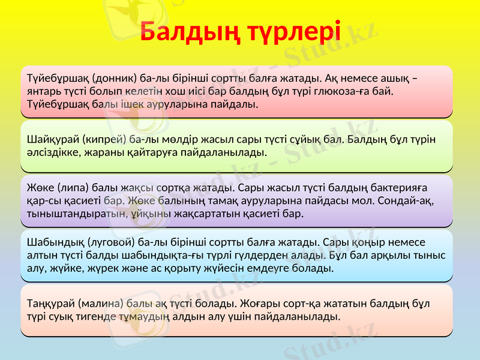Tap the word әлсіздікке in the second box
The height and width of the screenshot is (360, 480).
(52, 152)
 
